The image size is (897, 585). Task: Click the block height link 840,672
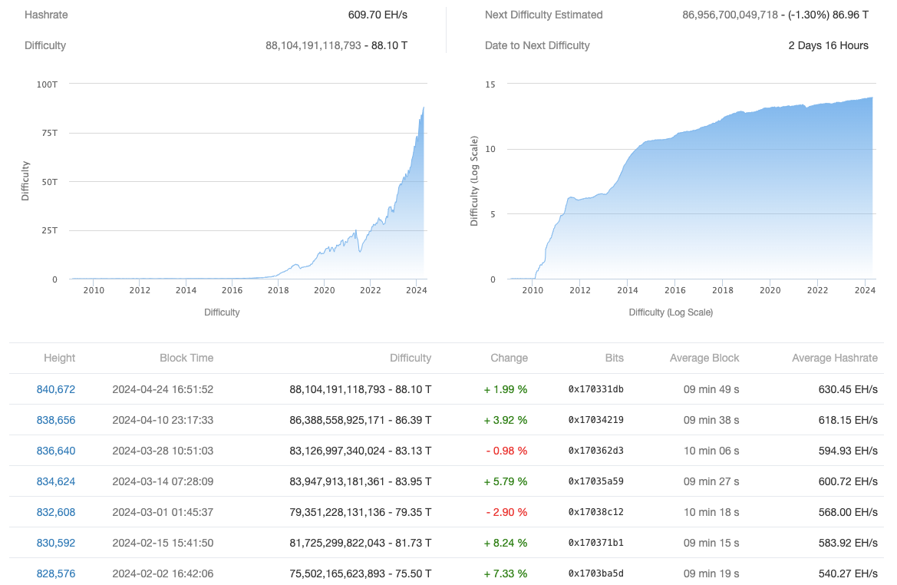coord(56,389)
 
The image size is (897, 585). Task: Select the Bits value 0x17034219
coord(595,420)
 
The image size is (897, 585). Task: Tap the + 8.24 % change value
coord(506,543)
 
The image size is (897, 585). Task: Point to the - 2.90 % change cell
coord(506,512)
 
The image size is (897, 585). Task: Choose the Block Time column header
coord(186,358)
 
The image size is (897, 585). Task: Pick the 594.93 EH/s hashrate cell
coord(848,451)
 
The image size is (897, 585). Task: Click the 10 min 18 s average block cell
coord(711,512)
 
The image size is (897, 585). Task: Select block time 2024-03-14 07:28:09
coord(163,481)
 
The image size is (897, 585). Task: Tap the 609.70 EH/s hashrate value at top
coord(378,15)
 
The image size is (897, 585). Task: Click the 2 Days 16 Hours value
coord(829,45)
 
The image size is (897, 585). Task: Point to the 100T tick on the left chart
coord(47,84)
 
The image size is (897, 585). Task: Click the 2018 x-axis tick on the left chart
coord(278,290)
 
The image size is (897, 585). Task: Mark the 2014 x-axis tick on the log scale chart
coord(628,290)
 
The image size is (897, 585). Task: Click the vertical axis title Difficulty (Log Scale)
coord(474,181)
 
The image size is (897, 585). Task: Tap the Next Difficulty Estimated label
coord(544,15)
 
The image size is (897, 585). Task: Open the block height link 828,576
coord(56,573)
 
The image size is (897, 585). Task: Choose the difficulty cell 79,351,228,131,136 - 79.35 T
coord(359,512)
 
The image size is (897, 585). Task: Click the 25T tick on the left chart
coord(48,230)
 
